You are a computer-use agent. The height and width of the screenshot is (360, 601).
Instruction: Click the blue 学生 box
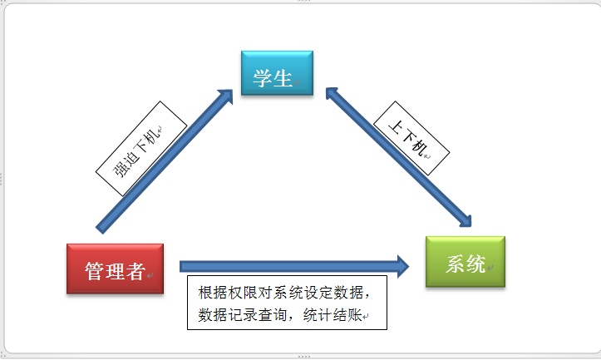coord(277,73)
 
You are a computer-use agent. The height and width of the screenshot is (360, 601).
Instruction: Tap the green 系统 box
coord(465,263)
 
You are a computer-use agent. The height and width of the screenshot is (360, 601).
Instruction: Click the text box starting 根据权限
coord(287,303)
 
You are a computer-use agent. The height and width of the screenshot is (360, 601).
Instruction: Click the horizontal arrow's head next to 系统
coord(402,266)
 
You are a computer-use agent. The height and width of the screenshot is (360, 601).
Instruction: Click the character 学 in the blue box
coord(263,79)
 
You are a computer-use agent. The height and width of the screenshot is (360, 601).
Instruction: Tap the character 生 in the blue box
coord(283,79)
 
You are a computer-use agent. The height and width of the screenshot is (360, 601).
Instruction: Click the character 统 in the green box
coord(476,265)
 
